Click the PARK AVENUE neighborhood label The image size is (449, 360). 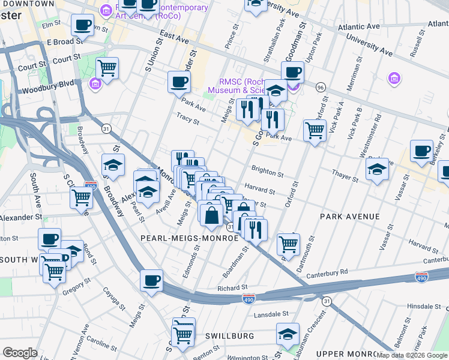click(349, 216)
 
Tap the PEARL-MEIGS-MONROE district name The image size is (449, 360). click(190, 238)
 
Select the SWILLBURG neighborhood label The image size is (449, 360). click(230, 336)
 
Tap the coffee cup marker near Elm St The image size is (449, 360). click(83, 25)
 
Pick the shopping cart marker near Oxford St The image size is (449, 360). click(315, 129)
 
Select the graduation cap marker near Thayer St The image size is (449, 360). click(376, 169)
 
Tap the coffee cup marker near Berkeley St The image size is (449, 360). click(421, 151)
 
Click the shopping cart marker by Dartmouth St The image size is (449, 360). click(288, 244)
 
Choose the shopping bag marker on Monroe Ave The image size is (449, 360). click(211, 214)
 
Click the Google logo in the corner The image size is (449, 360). click(20, 353)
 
